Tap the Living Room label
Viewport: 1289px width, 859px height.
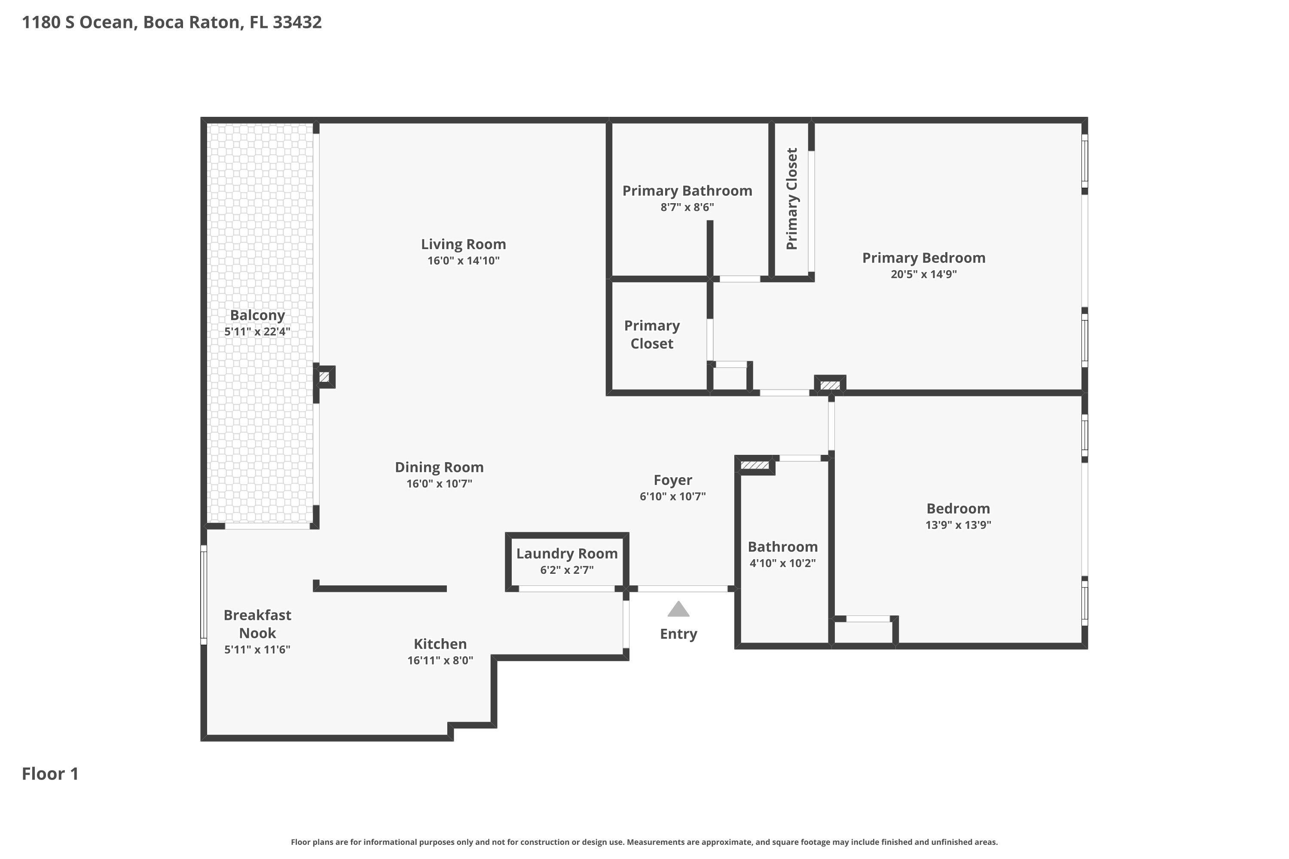coord(463,244)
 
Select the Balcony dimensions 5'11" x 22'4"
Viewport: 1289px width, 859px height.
coord(257,332)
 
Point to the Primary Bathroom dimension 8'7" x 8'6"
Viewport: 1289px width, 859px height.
coord(687,207)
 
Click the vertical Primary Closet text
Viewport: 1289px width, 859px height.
coord(791,199)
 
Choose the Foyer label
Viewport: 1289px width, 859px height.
coord(672,480)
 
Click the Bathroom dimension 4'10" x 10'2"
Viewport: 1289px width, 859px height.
coord(782,563)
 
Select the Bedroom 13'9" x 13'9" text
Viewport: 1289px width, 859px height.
coord(958,525)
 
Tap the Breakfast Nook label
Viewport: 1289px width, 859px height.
coord(257,624)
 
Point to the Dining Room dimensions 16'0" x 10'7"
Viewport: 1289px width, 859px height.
coord(439,484)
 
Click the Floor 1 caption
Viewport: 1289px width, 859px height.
coord(50,774)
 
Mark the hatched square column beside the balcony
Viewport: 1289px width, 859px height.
coord(324,377)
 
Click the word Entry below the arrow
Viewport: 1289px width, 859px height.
coord(678,634)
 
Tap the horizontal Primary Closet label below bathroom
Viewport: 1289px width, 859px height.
coord(652,335)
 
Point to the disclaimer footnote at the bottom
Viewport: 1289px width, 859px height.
coord(644,842)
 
